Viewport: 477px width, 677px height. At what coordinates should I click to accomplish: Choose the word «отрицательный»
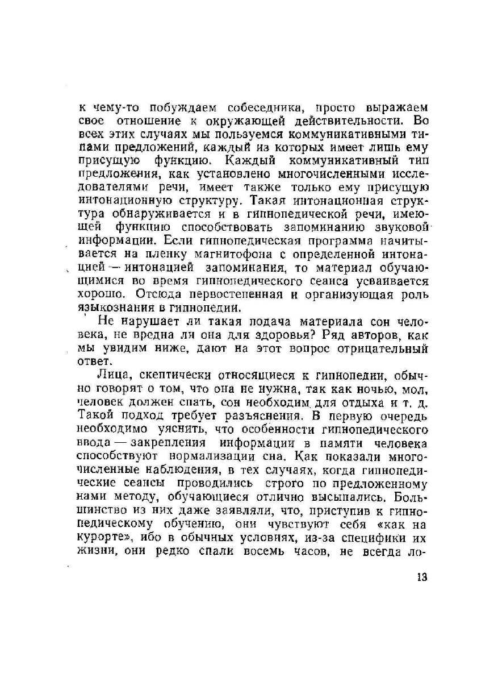point(385,348)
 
